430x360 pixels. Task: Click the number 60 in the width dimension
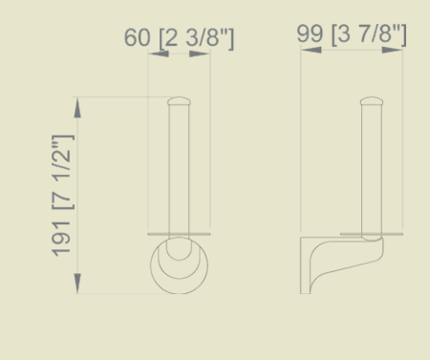[137, 37]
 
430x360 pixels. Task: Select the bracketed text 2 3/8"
[196, 38]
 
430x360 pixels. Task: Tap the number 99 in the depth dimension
[310, 33]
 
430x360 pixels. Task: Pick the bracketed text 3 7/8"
[369, 34]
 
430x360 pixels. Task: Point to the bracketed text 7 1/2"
[63, 172]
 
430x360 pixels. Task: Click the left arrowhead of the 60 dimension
[159, 53]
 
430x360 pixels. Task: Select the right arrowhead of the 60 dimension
[200, 53]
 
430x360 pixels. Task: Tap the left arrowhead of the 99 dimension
[312, 50]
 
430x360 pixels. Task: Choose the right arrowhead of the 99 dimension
[393, 50]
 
